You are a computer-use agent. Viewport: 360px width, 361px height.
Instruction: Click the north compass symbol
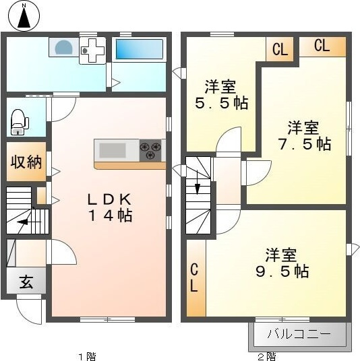tap(24, 15)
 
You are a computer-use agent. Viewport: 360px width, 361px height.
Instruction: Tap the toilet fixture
tap(20, 122)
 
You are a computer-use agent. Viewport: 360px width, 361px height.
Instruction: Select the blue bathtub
tap(140, 49)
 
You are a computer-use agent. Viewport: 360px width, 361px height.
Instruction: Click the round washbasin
tap(64, 47)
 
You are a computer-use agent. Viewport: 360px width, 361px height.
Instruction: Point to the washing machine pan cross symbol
tap(93, 51)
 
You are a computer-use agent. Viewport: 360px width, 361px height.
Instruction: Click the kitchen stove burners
tap(150, 150)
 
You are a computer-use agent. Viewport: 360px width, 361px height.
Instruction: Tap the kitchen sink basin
tap(113, 150)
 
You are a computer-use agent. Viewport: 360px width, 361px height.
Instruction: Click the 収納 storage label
tap(26, 162)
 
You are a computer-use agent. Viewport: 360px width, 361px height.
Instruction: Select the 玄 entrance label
tap(26, 282)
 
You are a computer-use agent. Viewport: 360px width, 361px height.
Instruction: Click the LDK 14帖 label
tap(110, 207)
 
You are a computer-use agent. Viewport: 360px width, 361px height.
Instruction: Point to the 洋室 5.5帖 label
tap(221, 94)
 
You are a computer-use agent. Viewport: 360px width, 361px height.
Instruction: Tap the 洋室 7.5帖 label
tap(304, 135)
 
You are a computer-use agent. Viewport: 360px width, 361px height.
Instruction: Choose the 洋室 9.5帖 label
tap(282, 263)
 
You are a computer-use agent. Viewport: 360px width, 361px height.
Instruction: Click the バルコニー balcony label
tap(299, 333)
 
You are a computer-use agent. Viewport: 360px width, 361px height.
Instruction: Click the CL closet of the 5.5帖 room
tap(280, 48)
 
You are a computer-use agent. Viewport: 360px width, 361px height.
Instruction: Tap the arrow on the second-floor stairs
tap(198, 182)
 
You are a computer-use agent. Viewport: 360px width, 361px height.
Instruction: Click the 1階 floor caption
tap(87, 357)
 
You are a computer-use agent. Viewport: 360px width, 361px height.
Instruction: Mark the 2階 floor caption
tap(267, 357)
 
